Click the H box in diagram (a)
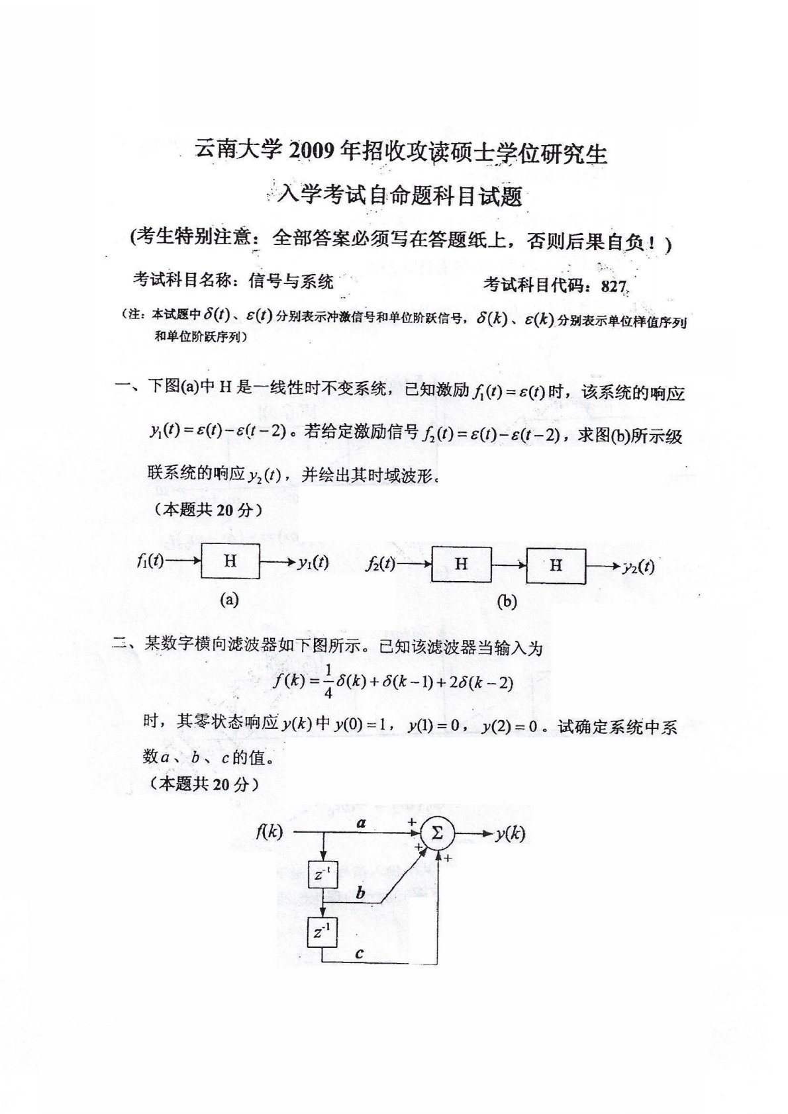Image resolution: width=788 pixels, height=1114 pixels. (x=230, y=562)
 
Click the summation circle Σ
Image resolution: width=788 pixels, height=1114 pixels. (x=437, y=833)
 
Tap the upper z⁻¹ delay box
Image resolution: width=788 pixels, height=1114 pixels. (x=322, y=875)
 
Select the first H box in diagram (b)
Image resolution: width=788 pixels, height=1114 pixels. (x=461, y=564)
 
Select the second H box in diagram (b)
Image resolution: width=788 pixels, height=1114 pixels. (x=556, y=564)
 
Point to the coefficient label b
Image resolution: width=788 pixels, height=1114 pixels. (x=360, y=893)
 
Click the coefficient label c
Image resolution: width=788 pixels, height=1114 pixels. (x=359, y=953)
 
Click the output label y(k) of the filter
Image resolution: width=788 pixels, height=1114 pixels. (x=510, y=833)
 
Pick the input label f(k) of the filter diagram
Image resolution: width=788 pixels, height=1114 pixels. (x=269, y=832)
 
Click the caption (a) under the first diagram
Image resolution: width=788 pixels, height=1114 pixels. (x=229, y=600)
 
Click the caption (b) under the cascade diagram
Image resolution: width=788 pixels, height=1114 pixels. (x=507, y=601)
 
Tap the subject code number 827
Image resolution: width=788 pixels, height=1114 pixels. (x=614, y=286)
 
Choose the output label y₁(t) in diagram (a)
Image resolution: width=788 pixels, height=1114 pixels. (x=313, y=563)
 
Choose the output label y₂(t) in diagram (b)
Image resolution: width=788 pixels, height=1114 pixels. (x=638, y=566)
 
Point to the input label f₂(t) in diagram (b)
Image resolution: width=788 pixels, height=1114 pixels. (x=380, y=564)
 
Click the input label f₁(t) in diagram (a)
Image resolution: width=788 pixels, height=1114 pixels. (x=150, y=562)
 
